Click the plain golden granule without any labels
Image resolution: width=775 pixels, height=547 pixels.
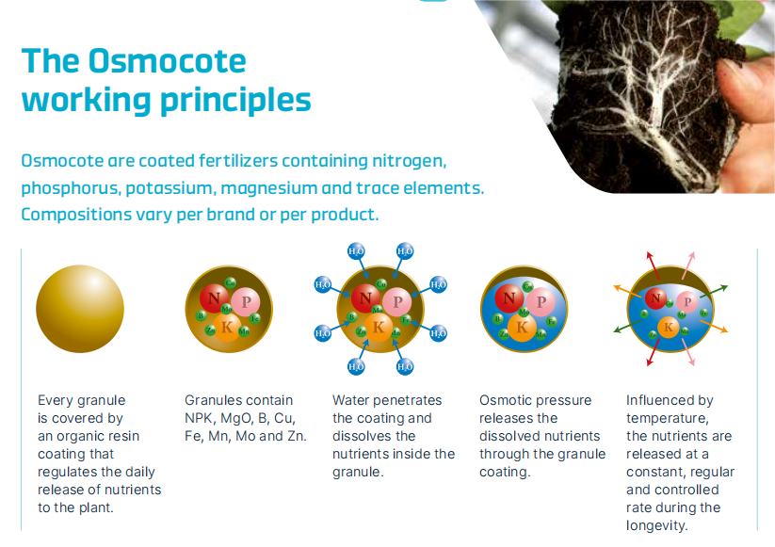pos(80,309)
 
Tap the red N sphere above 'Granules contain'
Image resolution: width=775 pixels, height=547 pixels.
pos(214,298)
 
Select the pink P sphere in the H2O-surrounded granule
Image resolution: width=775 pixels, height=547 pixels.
pos(397,301)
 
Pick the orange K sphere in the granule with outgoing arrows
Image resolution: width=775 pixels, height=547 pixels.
pos(669,327)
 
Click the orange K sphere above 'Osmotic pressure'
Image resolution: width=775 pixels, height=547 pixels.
pos(522,327)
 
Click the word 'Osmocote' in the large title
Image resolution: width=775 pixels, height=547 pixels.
pos(167,61)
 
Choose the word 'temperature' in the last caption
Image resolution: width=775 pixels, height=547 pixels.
pos(667,419)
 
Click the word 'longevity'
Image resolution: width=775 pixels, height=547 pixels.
pos(656,525)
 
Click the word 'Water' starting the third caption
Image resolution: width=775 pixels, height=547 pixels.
pos(349,400)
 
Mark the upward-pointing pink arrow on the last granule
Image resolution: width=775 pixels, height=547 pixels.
pos(688,265)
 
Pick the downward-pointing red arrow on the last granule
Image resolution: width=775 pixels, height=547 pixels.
pos(653,352)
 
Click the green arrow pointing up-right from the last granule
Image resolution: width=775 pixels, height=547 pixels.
pos(714,292)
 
